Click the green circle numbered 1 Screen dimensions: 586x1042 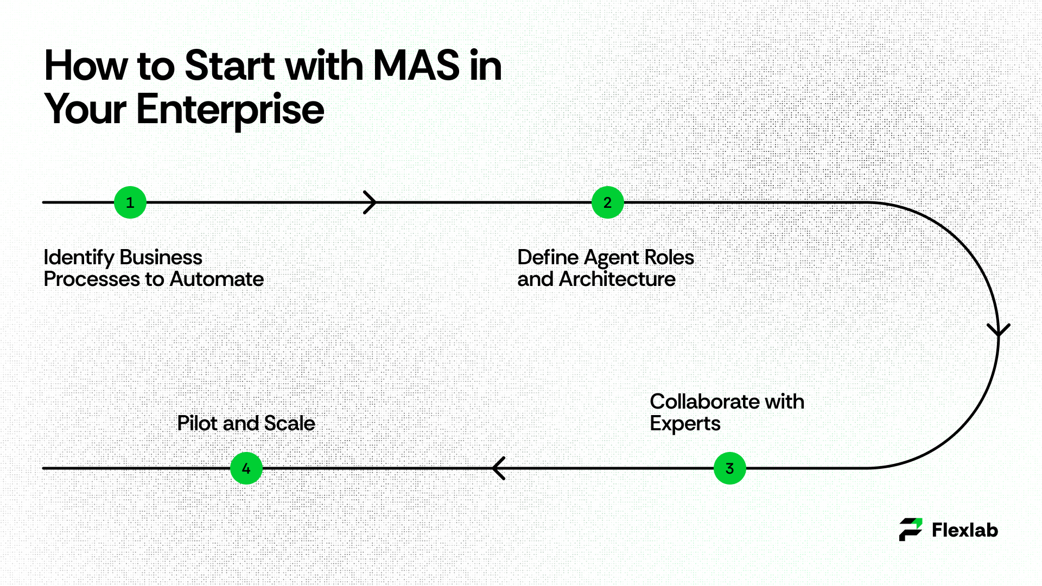click(x=130, y=202)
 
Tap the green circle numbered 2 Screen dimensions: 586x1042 click(x=607, y=202)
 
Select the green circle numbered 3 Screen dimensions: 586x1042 click(x=729, y=468)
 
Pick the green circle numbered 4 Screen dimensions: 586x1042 click(x=246, y=468)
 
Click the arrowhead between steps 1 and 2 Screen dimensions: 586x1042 click(x=370, y=202)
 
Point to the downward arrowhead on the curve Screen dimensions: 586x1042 click(x=999, y=330)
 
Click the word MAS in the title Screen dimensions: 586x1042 click(x=416, y=66)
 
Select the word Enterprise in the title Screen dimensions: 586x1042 click(x=230, y=110)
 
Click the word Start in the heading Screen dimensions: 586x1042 click(x=230, y=66)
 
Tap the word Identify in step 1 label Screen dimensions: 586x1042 click(x=79, y=258)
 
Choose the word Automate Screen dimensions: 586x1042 click(x=217, y=279)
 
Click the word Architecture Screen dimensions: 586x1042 click(x=617, y=279)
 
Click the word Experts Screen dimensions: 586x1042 click(x=685, y=424)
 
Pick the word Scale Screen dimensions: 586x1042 click(x=289, y=423)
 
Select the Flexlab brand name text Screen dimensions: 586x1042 click(x=965, y=530)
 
